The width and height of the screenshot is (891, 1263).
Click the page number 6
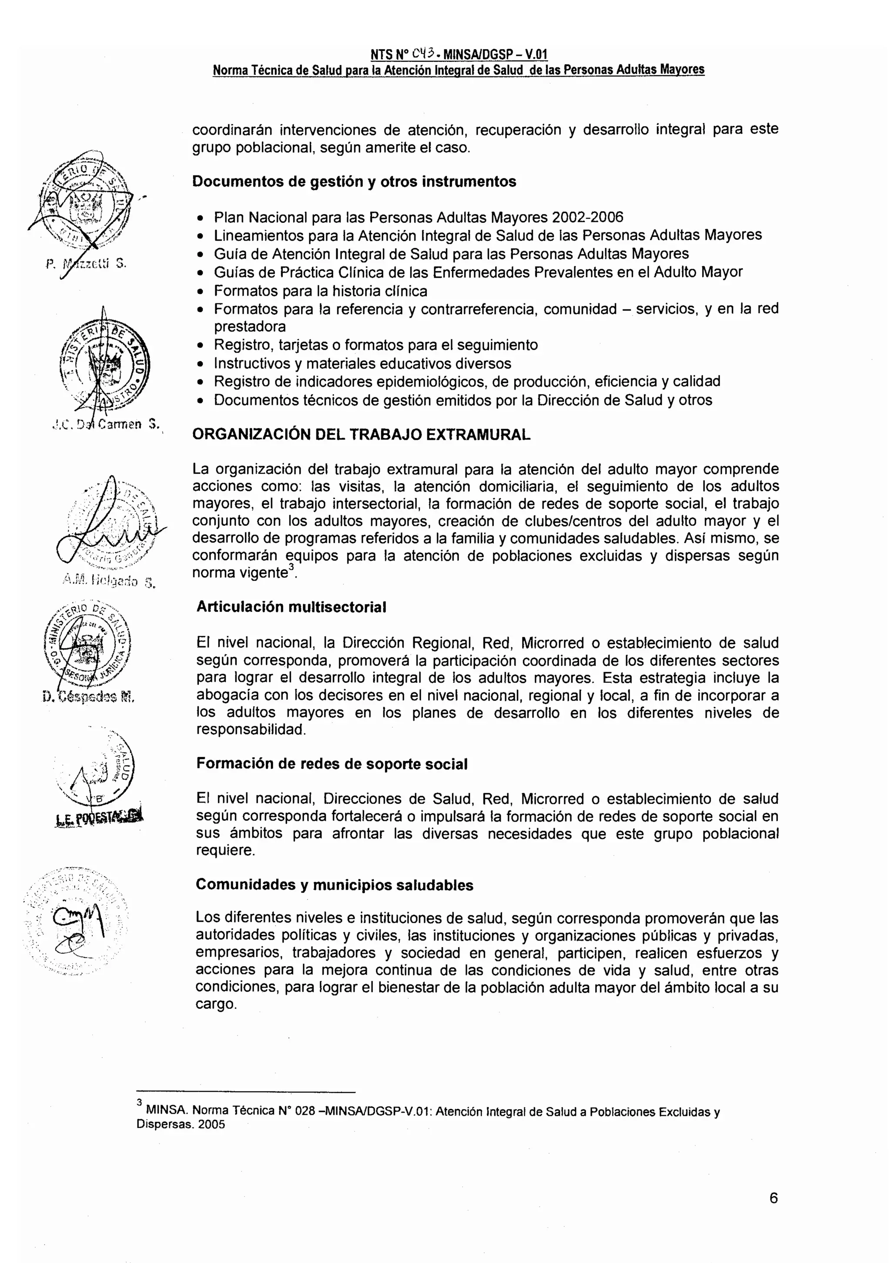click(773, 1198)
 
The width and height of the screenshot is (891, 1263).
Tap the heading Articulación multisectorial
click(291, 607)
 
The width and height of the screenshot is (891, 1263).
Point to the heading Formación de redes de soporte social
click(332, 764)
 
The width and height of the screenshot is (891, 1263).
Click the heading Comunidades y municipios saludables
click(335, 885)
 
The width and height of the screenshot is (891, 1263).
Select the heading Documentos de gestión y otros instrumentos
click(354, 181)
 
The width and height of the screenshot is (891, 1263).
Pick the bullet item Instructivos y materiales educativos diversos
click(362, 363)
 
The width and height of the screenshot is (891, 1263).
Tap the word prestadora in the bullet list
click(250, 327)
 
